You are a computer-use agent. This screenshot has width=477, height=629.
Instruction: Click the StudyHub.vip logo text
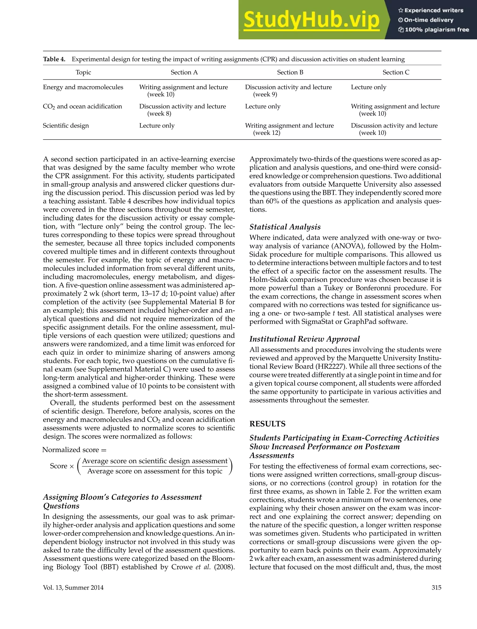tap(311, 20)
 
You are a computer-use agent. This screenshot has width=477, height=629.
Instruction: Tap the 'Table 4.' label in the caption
tap(54, 59)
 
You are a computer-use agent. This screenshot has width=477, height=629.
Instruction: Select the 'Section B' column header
tap(290, 72)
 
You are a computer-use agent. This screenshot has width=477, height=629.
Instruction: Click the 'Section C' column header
tap(396, 72)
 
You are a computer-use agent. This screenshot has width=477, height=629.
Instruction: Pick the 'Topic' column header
tap(83, 72)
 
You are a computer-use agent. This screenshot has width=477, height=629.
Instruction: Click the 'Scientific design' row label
tap(66, 126)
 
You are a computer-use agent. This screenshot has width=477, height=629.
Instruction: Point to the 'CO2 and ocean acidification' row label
tap(82, 107)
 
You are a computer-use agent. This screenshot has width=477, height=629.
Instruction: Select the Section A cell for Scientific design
tap(157, 126)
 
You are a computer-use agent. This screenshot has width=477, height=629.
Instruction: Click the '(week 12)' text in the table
tap(266, 133)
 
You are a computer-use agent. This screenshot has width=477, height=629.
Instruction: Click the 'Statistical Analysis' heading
tap(285, 227)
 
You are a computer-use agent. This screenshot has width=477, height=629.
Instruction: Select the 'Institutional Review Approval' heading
tap(304, 339)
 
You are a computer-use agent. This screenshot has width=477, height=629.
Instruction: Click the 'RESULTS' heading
tap(267, 424)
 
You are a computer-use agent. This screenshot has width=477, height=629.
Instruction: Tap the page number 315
tap(436, 588)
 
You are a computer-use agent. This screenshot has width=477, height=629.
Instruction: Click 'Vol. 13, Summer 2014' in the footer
tap(73, 588)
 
